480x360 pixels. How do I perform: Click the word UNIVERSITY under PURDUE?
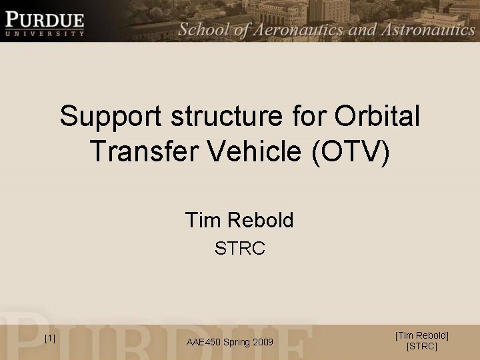tap(45, 33)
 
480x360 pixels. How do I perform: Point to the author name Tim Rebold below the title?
tap(239, 219)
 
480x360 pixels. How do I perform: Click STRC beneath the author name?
tap(240, 249)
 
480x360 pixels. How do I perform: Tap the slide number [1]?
tap(49, 339)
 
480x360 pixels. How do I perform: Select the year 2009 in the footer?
tap(262, 342)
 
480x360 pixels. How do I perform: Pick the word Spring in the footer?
tap(235, 342)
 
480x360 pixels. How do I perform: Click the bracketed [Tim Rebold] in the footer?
tap(422, 335)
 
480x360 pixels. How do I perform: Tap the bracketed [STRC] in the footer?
tap(422, 347)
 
